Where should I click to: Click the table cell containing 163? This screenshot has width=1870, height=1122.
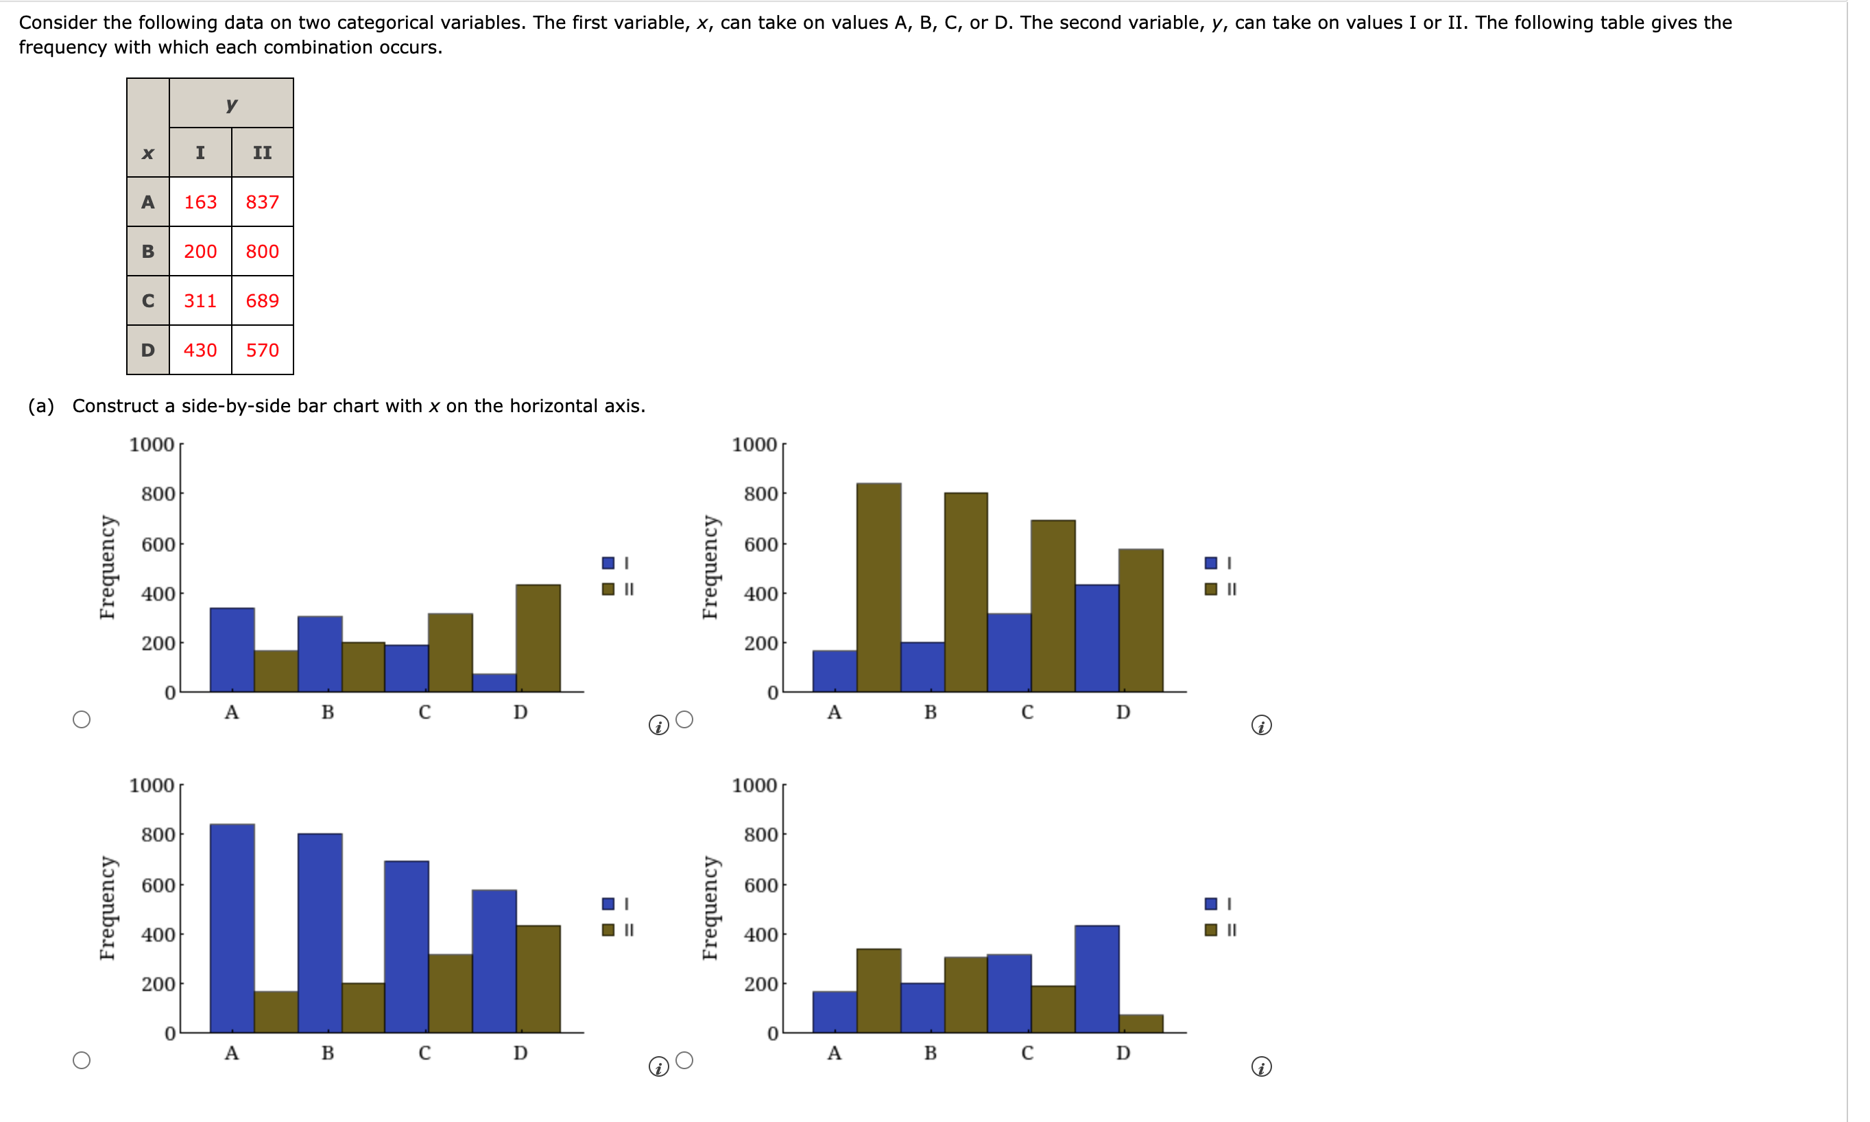[x=200, y=202]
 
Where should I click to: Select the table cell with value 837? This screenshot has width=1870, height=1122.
[x=262, y=202]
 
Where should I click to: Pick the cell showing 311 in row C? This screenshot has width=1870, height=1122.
[x=200, y=301]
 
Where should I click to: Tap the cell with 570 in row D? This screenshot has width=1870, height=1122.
[x=262, y=350]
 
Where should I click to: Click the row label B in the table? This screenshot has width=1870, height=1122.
[x=148, y=251]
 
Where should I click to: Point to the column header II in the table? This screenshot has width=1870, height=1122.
[x=262, y=153]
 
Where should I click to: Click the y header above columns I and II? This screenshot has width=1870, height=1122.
[x=231, y=104]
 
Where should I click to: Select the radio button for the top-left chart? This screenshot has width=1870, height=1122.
[x=82, y=719]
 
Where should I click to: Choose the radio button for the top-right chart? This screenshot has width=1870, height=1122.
[x=684, y=719]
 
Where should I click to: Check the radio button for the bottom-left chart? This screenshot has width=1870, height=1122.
[x=82, y=1060]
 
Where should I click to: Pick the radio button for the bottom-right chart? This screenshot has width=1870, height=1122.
[x=684, y=1060]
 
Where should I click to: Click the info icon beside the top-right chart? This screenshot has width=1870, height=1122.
[x=1261, y=726]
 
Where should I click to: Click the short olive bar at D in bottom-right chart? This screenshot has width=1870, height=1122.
[x=1140, y=1024]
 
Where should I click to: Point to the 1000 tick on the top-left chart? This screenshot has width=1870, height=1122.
[x=152, y=444]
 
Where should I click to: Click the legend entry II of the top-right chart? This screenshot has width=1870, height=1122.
[x=1221, y=589]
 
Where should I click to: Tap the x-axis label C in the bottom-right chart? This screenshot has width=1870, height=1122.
[x=1027, y=1053]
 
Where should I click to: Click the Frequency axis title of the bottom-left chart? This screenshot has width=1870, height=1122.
[x=108, y=908]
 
